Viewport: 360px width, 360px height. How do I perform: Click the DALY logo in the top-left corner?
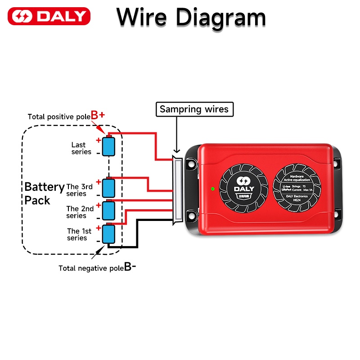[49, 17]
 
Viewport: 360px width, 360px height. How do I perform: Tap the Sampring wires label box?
[194, 109]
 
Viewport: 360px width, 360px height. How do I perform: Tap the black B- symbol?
[130, 267]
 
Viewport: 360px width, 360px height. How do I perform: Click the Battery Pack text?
[44, 193]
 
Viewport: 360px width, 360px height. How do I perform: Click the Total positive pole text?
[59, 117]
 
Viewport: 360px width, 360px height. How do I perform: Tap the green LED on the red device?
[212, 188]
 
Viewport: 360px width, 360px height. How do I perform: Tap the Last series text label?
[81, 148]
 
